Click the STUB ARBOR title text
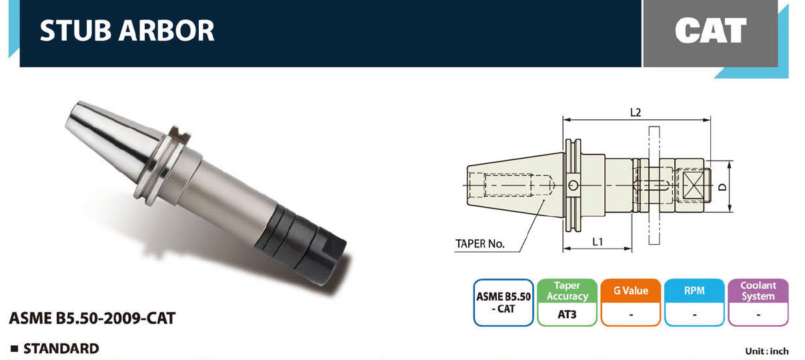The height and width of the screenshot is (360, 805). pyautogui.click(x=127, y=31)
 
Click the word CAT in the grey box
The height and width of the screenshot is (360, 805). pyautogui.click(x=710, y=31)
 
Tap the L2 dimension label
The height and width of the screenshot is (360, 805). pyautogui.click(x=636, y=113)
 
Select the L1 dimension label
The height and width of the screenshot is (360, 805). pyautogui.click(x=598, y=242)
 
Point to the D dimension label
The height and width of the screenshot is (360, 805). pyautogui.click(x=722, y=187)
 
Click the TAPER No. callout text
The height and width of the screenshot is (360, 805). pyautogui.click(x=480, y=244)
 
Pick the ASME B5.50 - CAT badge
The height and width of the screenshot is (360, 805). pyautogui.click(x=503, y=303)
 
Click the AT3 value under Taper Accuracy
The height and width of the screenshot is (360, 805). pyautogui.click(x=567, y=315)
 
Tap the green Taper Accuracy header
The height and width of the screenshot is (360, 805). pyautogui.click(x=567, y=291)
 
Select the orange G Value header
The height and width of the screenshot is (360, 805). pyautogui.click(x=631, y=291)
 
